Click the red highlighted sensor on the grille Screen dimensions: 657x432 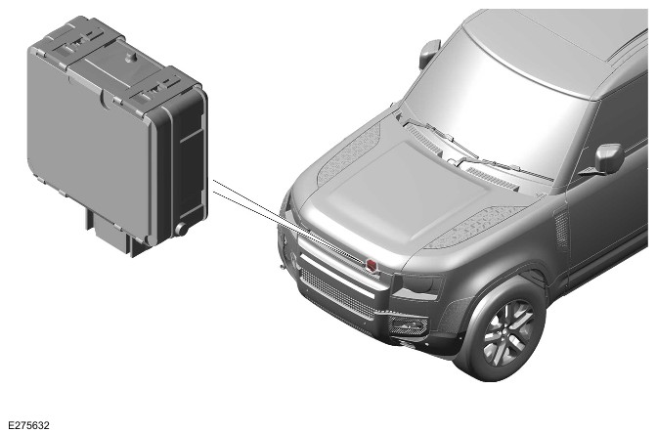(372, 265)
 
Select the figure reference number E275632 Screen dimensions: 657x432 (28, 425)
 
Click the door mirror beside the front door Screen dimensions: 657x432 (607, 158)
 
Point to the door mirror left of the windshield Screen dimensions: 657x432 (429, 54)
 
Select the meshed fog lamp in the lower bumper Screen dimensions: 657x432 (408, 325)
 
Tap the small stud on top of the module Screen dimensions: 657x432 (132, 58)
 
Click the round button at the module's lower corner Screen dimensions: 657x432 (182, 229)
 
